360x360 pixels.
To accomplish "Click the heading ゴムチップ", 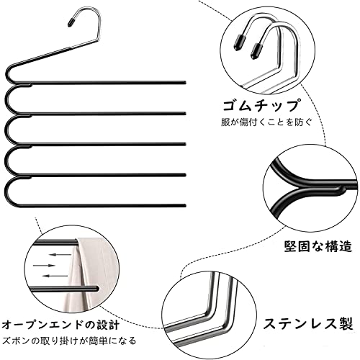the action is pyautogui.click(x=261, y=105).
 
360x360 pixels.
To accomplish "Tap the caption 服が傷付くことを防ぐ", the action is pyautogui.click(x=266, y=122).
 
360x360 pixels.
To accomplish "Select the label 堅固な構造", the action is pyautogui.click(x=318, y=246).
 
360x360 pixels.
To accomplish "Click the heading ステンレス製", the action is pyautogui.click(x=308, y=323).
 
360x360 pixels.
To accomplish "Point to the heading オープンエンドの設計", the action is pyautogui.click(x=60, y=325).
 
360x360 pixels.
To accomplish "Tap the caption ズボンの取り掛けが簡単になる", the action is pyautogui.click(x=69, y=341).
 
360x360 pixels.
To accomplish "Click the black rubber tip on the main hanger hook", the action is pyautogui.click(x=71, y=22).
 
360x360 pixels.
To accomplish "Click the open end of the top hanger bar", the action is pyautogui.click(x=185, y=83).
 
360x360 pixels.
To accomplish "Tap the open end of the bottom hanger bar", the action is pyautogui.click(x=185, y=205).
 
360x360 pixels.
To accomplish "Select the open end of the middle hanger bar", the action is pyautogui.click(x=185, y=144).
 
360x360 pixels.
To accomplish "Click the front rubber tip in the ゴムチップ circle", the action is pyautogui.click(x=256, y=50).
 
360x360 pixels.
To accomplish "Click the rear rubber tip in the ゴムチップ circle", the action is pyautogui.click(x=239, y=42).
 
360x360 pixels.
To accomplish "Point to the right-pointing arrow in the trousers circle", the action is pyautogui.click(x=44, y=266).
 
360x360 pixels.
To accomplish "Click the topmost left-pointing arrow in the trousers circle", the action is pyautogui.click(x=60, y=254).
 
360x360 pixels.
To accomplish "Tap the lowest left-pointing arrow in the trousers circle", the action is pyautogui.click(x=55, y=276).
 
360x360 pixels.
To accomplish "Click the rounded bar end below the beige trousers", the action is pyautogui.click(x=96, y=289).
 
